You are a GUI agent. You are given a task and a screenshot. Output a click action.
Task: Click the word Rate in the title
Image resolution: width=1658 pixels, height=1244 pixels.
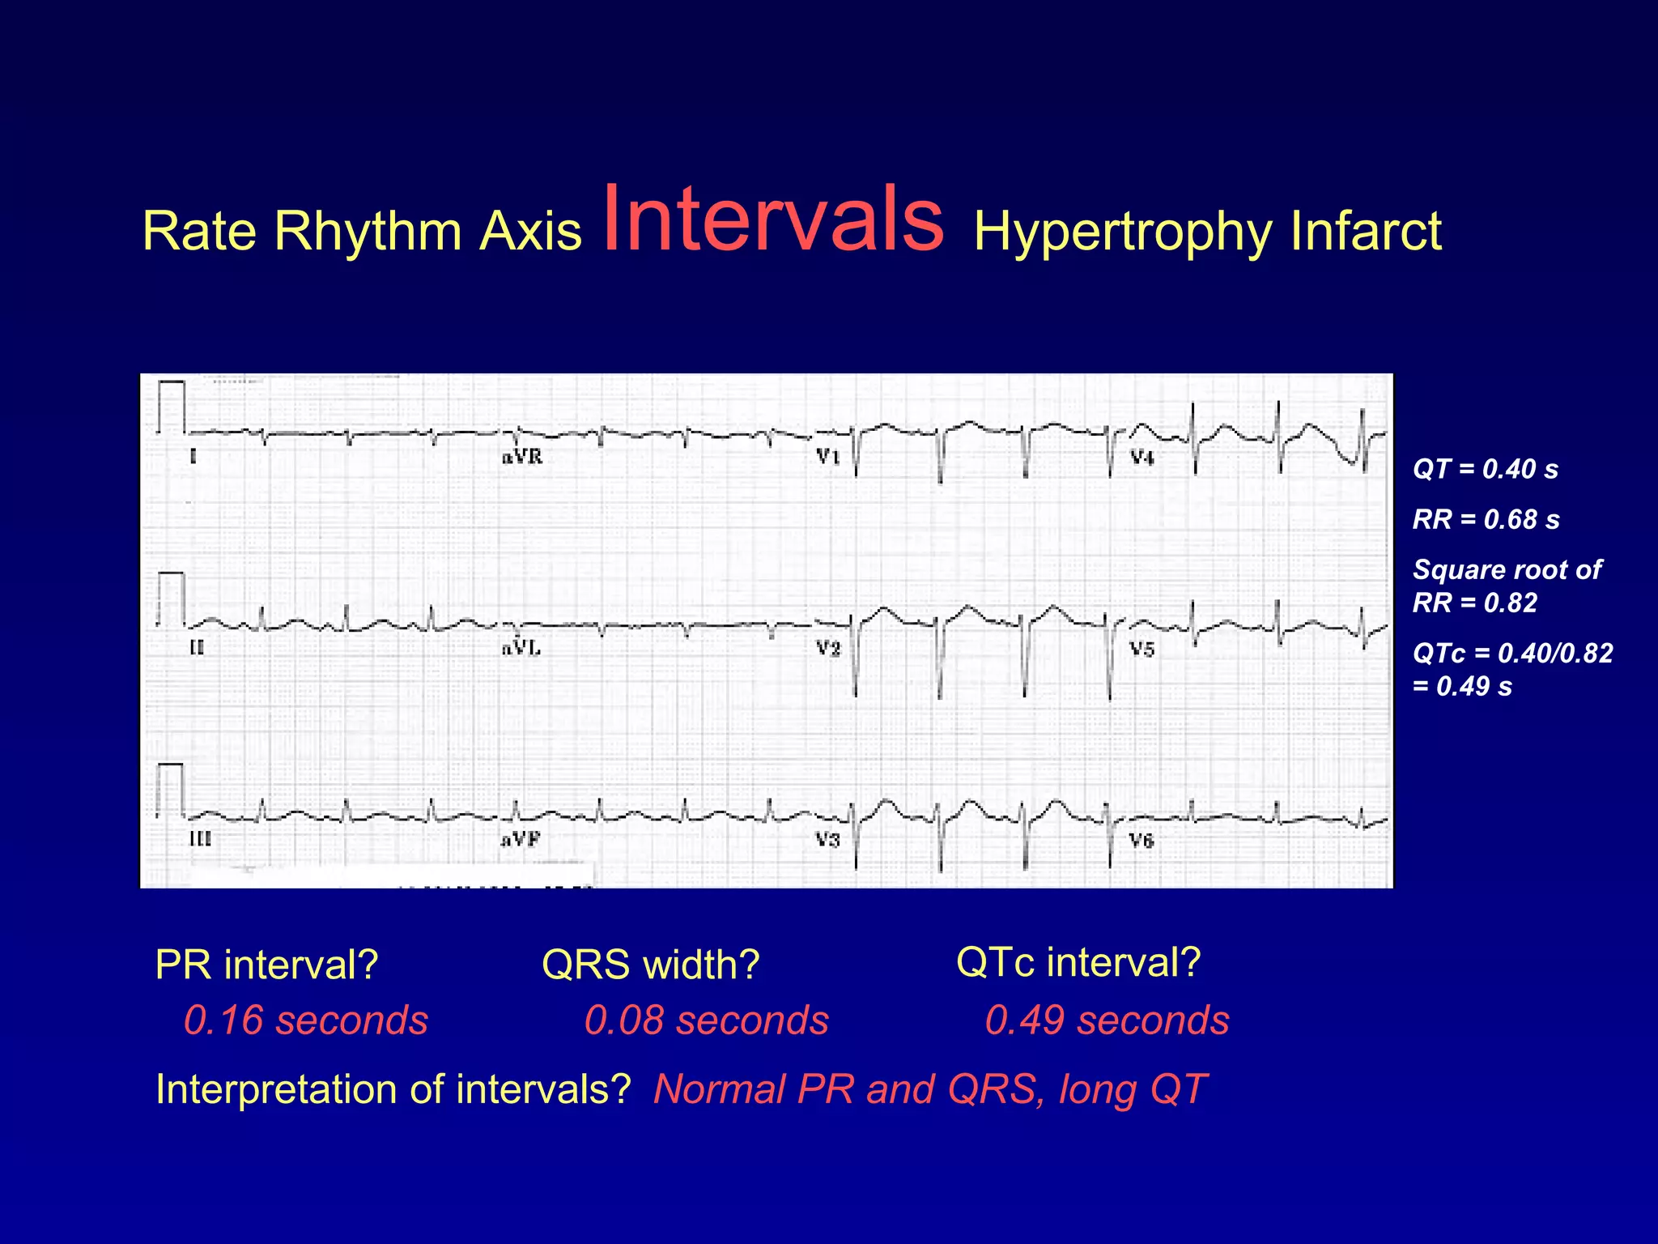[x=199, y=232]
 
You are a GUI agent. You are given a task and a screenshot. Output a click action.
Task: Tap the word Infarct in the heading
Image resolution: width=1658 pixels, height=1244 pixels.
[x=1365, y=232]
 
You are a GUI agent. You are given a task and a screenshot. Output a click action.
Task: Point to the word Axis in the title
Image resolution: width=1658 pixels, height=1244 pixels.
[x=530, y=232]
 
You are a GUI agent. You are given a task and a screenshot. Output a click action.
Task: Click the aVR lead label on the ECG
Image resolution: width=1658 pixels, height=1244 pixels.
[x=522, y=458]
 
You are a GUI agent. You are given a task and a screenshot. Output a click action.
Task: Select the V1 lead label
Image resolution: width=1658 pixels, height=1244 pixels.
[x=828, y=457]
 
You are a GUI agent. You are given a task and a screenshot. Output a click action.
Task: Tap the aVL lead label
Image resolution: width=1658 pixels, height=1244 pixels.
[x=521, y=648]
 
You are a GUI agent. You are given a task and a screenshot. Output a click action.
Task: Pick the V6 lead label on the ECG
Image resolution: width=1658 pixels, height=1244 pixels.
[x=1141, y=841]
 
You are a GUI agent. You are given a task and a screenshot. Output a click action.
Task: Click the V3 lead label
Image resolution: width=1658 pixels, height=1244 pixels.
[x=827, y=840]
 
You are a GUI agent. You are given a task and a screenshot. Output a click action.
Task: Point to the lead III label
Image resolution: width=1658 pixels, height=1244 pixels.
[x=200, y=839]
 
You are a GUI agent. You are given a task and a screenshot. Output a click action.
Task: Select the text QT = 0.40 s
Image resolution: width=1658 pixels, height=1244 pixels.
[x=1485, y=469]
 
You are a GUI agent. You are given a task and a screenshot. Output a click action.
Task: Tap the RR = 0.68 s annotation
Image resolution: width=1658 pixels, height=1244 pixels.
[x=1486, y=519]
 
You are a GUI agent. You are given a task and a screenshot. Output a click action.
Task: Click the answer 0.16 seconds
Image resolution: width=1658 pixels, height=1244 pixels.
[x=306, y=1020]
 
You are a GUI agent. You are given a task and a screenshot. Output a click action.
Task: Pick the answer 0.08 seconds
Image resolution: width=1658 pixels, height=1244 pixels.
[x=706, y=1020]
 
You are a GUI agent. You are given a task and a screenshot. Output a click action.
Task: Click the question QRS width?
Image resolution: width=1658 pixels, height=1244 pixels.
[x=650, y=965]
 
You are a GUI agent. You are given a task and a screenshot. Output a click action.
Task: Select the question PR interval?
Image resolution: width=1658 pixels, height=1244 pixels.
[x=266, y=965]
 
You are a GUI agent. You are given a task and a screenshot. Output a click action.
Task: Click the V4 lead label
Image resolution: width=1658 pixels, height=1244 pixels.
[x=1141, y=458]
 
